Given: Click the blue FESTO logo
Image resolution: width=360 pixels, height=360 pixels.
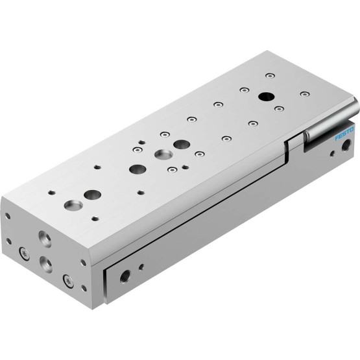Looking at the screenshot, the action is (x=344, y=134).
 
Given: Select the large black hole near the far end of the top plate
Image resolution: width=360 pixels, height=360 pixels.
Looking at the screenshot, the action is (x=267, y=97).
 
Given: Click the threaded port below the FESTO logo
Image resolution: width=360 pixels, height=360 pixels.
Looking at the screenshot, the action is (x=345, y=145).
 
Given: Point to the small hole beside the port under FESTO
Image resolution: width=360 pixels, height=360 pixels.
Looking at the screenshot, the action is (x=332, y=153).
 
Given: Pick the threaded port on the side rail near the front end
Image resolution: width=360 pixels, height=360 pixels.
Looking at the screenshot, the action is (x=125, y=276).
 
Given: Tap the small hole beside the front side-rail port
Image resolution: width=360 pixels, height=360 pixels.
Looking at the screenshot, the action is (x=141, y=267).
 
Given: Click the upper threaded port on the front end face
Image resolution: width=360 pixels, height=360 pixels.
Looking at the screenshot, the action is (x=45, y=239).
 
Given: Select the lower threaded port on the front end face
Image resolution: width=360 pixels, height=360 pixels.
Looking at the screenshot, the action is (x=46, y=264).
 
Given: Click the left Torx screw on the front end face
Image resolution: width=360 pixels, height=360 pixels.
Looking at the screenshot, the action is (x=24, y=254).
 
